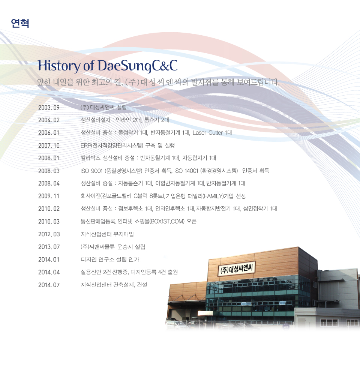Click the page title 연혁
(x=20, y=23)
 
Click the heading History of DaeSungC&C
(x=108, y=66)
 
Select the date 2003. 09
(x=49, y=108)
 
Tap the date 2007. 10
(x=49, y=145)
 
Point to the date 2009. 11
(x=48, y=196)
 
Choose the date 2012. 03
(x=49, y=234)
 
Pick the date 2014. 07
(x=49, y=285)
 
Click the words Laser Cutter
(x=208, y=133)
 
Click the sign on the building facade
(x=236, y=268)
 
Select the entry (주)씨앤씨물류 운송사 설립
(x=113, y=247)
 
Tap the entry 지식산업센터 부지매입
(x=107, y=234)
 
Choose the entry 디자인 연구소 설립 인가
(x=110, y=259)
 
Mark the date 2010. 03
(x=49, y=222)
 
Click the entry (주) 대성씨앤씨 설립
(x=103, y=107)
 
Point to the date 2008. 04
(x=49, y=183)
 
